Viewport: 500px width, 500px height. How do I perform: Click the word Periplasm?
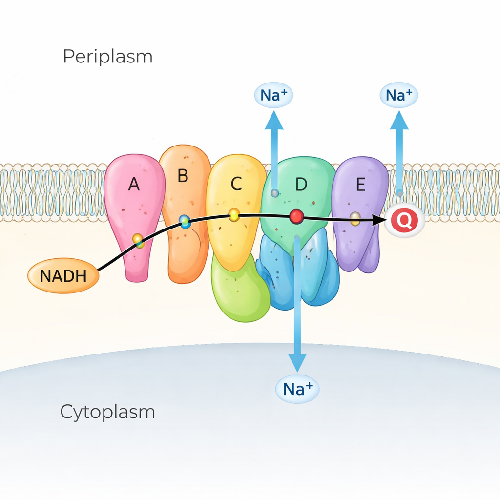(107, 57)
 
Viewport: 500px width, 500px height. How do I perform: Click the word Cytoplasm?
(107, 412)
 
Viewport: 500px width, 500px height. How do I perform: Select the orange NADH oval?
(63, 276)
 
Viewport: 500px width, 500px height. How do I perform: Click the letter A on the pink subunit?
(134, 185)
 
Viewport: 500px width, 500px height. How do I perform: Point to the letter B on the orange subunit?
(183, 176)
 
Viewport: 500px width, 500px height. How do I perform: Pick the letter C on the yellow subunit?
(236, 184)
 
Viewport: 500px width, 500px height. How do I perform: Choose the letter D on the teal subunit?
(301, 185)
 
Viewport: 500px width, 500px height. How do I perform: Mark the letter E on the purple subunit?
(360, 185)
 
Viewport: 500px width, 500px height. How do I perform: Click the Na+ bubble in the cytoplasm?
(297, 389)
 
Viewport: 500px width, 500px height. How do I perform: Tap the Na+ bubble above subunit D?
(274, 95)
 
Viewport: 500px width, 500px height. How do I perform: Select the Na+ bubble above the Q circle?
(399, 95)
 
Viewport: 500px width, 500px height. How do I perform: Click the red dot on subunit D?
(296, 216)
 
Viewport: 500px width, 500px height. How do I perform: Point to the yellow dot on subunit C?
(234, 215)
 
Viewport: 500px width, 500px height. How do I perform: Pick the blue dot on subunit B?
(185, 222)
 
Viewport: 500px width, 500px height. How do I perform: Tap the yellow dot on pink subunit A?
(138, 240)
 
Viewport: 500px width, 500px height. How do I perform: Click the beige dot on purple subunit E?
(355, 218)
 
